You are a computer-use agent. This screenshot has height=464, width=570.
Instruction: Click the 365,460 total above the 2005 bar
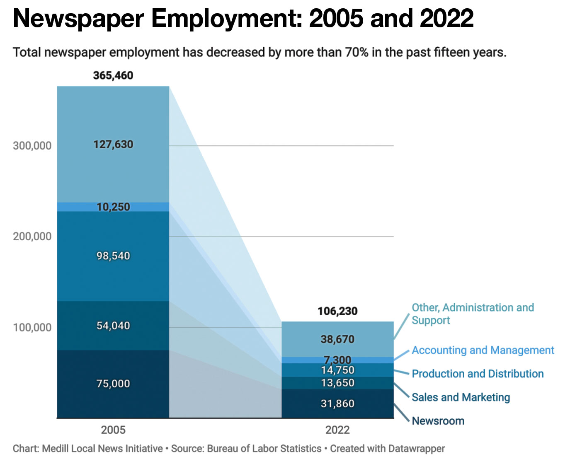pos(113,75)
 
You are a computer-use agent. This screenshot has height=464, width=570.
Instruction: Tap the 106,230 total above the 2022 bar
pos(337,311)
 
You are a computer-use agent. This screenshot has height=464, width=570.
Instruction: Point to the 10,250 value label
pos(113,207)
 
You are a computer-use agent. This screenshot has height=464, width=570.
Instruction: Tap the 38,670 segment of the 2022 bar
pos(337,339)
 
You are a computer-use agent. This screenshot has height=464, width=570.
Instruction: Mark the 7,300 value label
pos(337,360)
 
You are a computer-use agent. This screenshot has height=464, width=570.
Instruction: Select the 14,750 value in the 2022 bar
pos(337,370)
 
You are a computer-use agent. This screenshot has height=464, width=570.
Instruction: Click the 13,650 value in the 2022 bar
pos(337,383)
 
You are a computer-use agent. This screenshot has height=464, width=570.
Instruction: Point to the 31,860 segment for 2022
pos(337,404)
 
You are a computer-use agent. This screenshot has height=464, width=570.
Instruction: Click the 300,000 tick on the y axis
pos(32,146)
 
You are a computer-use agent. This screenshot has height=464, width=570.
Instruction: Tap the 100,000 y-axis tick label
pos(32,328)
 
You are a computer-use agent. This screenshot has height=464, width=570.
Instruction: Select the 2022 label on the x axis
pos(337,430)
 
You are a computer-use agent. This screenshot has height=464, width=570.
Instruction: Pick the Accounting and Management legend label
pos(483,350)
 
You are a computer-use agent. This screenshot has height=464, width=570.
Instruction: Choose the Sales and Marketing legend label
pos(461,397)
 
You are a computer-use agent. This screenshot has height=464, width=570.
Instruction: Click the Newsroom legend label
pos(438,421)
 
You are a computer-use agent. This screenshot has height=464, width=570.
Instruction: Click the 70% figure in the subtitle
pos(356,53)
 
